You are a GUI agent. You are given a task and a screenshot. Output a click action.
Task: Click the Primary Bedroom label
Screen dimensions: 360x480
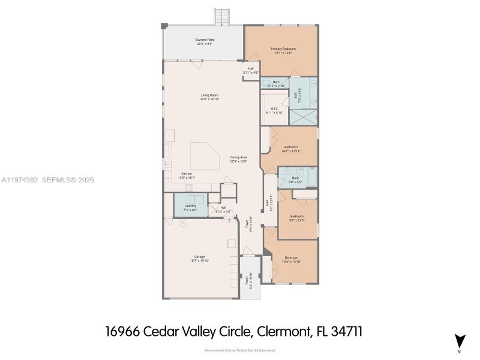pos(283,49)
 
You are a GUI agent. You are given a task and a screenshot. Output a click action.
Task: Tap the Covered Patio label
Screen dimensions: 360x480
pos(205,40)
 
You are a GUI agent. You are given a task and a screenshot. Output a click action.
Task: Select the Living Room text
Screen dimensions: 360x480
pos(209,95)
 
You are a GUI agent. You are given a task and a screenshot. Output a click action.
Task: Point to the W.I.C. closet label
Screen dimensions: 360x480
pos(274,109)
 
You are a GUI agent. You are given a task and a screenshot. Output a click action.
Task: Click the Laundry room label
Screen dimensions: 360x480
pos(190,206)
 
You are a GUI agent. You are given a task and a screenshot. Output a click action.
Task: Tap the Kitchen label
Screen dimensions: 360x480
pos(187,173)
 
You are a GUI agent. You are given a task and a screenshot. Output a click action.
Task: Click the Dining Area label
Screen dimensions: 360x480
pos(239,157)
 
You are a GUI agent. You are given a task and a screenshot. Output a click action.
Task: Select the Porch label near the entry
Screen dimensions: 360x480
pos(246,280)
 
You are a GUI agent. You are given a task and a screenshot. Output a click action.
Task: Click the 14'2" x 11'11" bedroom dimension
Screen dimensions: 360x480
pos(291,151)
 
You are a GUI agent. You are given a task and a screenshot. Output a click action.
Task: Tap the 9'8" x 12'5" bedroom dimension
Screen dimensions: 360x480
pos(297,220)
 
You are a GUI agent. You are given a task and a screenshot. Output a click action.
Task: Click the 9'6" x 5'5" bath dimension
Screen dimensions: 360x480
pos(295,181)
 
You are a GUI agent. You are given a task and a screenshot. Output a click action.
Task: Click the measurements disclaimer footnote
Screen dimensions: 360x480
pos(240,350)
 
